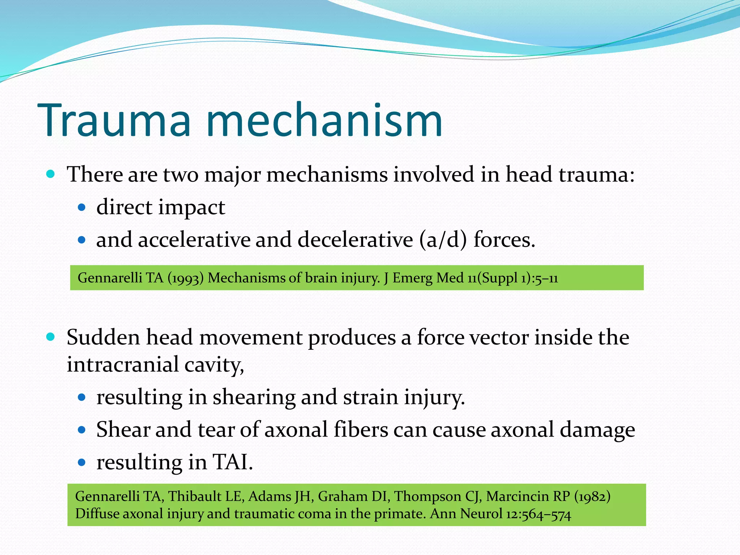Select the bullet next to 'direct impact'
[x=82, y=207]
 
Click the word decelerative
[x=355, y=240]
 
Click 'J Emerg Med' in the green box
[x=409, y=278]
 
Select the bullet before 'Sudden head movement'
[x=51, y=337]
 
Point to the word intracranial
[x=123, y=364]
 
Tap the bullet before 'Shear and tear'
[x=82, y=430]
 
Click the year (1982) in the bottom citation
[x=593, y=496]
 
